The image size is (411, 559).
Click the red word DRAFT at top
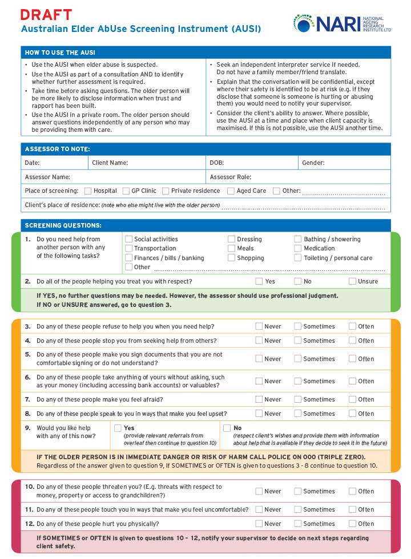46,15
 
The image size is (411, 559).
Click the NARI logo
342,23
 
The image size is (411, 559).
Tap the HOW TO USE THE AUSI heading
60,53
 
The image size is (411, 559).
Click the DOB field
251,163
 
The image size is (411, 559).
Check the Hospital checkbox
88,191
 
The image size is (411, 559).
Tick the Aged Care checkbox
231,191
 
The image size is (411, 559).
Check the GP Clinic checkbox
126,191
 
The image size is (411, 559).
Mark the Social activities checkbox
129,240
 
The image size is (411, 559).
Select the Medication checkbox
298,249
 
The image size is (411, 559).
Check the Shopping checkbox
231,258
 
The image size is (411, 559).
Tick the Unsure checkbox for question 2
352,281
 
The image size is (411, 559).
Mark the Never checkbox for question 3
259,326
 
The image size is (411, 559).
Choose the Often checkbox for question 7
352,399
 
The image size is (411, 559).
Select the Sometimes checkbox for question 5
298,359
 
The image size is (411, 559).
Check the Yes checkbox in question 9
118,428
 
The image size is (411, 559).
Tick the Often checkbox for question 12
352,524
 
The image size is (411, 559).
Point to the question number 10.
29,487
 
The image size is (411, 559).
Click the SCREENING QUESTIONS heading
63,225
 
